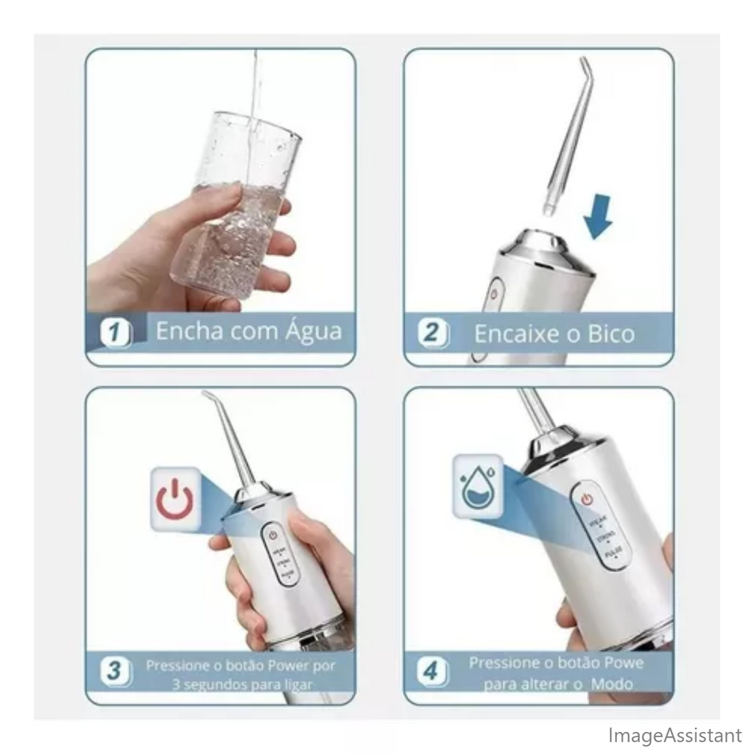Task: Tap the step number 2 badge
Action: (x=432, y=333)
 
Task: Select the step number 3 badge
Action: (x=115, y=671)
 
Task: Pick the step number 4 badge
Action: (x=432, y=671)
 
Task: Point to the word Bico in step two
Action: (x=610, y=334)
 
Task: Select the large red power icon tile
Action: (x=175, y=498)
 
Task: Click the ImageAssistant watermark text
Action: (x=674, y=735)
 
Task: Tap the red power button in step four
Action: (x=587, y=498)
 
